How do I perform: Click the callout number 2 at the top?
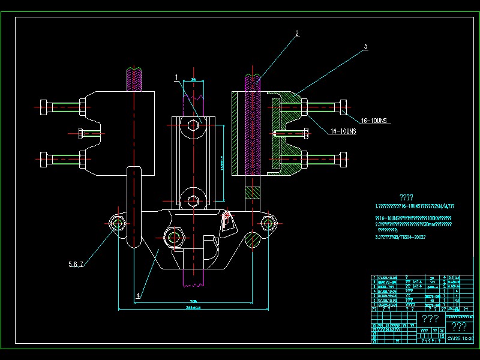296,34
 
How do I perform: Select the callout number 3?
365,46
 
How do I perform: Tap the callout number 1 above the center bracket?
176,77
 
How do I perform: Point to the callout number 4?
139,295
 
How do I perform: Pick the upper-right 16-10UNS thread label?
376,120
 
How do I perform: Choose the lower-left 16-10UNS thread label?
343,131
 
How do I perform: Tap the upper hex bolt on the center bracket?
192,125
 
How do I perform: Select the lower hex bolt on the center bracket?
192,201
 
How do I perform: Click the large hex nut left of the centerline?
175,237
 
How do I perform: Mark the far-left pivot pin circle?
118,224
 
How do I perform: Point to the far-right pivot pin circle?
268,224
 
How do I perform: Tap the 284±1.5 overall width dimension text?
193,307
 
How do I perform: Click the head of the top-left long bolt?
45,107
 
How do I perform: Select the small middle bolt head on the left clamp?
82,133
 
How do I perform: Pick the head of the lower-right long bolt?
343,160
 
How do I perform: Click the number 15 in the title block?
442,337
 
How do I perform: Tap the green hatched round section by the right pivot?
253,238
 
